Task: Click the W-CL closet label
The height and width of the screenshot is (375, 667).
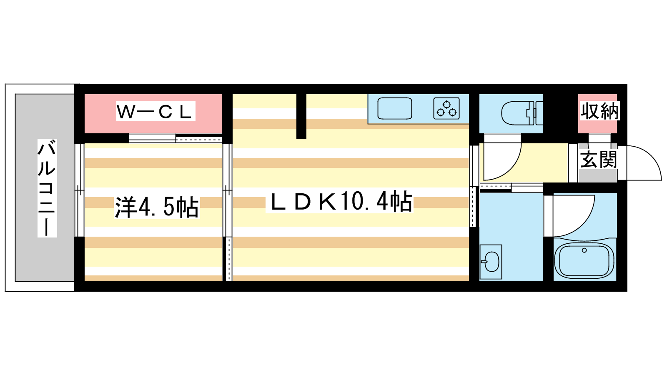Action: pyautogui.click(x=155, y=111)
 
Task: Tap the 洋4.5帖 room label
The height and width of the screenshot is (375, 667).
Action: pyautogui.click(x=157, y=207)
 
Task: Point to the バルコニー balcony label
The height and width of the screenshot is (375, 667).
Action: pyautogui.click(x=47, y=188)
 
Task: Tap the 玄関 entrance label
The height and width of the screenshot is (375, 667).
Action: pyautogui.click(x=598, y=159)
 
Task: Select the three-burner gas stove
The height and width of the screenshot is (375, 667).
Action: pyautogui.click(x=446, y=109)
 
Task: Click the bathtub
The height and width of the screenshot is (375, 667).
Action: pyautogui.click(x=584, y=260)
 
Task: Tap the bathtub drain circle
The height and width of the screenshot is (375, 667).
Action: pyautogui.click(x=584, y=250)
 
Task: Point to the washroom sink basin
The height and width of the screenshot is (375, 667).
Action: pyautogui.click(x=491, y=262)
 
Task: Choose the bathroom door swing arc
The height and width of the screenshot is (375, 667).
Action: pyautogui.click(x=574, y=216)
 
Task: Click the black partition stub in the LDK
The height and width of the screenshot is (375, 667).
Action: pyautogui.click(x=301, y=116)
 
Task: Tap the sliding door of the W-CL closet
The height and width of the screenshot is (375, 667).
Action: pyautogui.click(x=176, y=139)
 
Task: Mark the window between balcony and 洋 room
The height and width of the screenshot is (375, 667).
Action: pyautogui.click(x=79, y=190)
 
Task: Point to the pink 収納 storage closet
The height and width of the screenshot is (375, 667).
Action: pyautogui.click(x=597, y=114)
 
